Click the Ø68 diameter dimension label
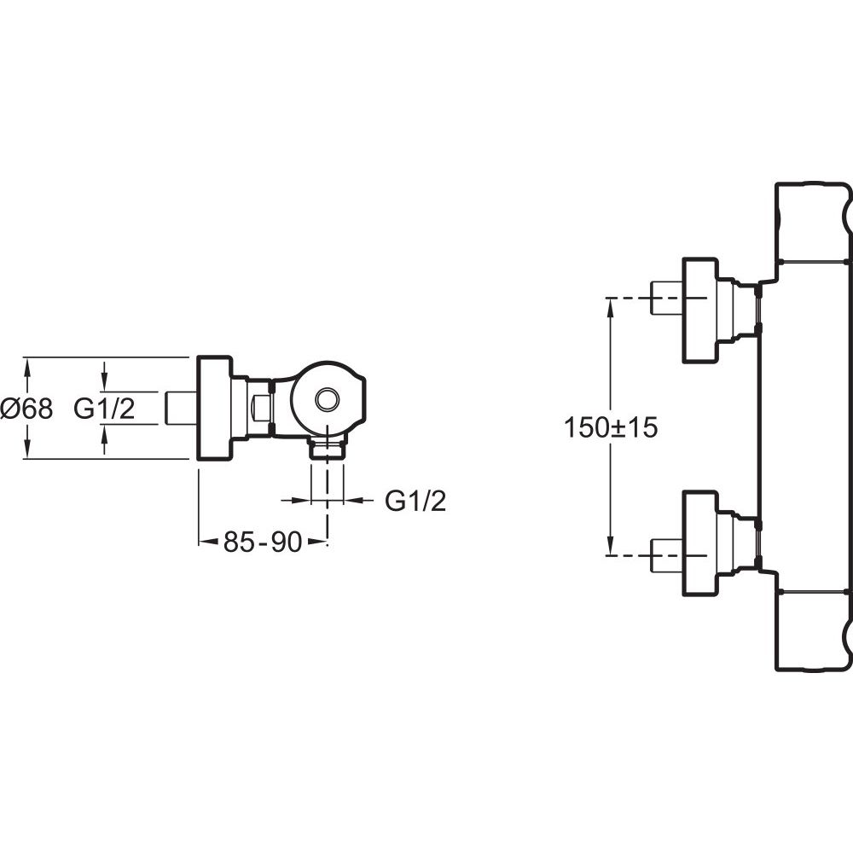(x=26, y=409)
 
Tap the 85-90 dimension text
(x=262, y=542)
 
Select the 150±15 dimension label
(x=611, y=427)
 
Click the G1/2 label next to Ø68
(x=104, y=409)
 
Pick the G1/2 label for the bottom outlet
(x=415, y=501)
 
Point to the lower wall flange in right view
(x=700, y=543)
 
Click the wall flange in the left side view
(x=214, y=408)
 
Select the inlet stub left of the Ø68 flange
(x=181, y=408)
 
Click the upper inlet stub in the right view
(x=666, y=298)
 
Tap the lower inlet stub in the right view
(x=666, y=555)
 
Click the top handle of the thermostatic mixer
(x=812, y=223)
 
